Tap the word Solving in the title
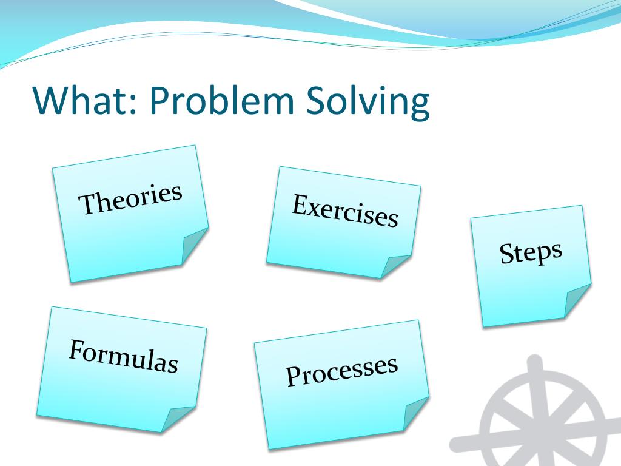click(368, 101)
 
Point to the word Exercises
click(345, 211)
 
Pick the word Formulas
click(124, 356)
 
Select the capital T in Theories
click(88, 204)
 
